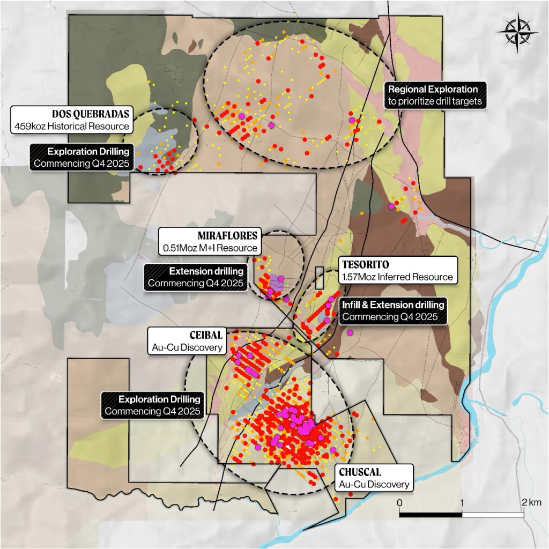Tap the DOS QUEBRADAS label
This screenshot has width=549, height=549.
tap(90, 114)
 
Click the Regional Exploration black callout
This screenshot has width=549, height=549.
tap(435, 94)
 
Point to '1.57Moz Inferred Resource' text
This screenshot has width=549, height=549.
tap(397, 277)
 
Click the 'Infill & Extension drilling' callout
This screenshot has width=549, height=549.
tap(394, 310)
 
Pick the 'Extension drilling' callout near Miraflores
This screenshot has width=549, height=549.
tap(197, 277)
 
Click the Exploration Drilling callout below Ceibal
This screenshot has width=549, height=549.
tap(153, 405)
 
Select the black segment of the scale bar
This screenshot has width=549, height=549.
tap(431, 515)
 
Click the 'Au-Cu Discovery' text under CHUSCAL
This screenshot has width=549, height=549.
tap(374, 485)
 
